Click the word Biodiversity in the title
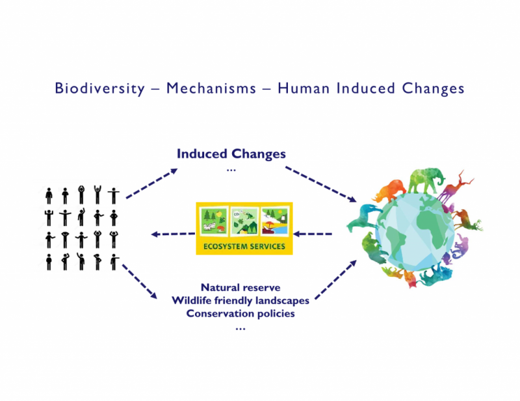click(x=100, y=89)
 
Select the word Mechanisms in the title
click(x=211, y=88)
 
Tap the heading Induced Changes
click(x=231, y=153)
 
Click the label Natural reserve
click(x=240, y=287)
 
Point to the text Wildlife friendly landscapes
click(x=240, y=300)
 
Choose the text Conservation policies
click(x=240, y=313)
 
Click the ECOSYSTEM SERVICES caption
click(x=244, y=246)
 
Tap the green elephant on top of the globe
click(x=426, y=180)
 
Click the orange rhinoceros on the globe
click(x=390, y=190)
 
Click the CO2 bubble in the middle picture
click(x=237, y=214)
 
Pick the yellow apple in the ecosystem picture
click(x=219, y=213)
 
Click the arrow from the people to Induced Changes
click(x=152, y=183)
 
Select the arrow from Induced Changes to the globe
click(x=320, y=185)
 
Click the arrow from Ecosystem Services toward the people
click(x=173, y=234)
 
